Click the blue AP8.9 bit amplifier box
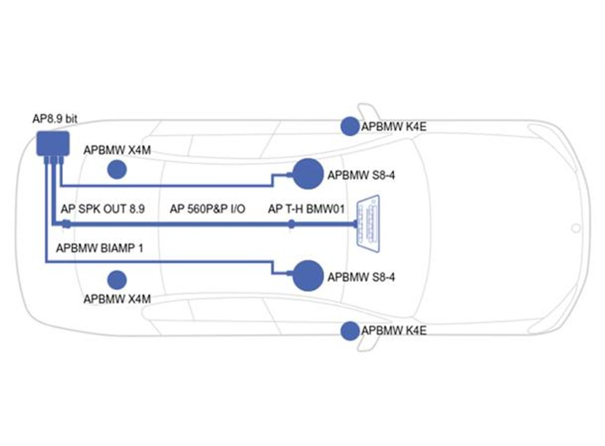(52, 143)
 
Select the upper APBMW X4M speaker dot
(117, 169)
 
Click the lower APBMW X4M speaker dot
(117, 279)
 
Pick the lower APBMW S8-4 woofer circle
(307, 276)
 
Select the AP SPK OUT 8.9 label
(102, 209)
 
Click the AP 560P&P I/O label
(207, 209)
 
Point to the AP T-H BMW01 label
(306, 209)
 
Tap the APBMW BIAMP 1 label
(99, 248)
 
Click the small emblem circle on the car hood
(575, 228)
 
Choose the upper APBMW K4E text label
(394, 126)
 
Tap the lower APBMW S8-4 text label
(361, 277)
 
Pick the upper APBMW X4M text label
(117, 150)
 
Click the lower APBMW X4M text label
(117, 298)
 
